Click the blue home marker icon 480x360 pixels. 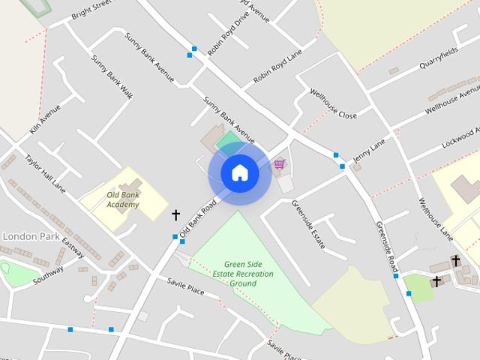click(240, 173)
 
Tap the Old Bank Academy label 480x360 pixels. click(123, 199)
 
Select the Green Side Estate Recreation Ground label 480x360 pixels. click(249, 274)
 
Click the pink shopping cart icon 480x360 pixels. click(280, 163)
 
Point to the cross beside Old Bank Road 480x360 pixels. click(176, 215)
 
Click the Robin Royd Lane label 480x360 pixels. click(277, 67)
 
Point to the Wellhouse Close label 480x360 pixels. click(333, 104)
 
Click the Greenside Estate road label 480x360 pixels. click(307, 224)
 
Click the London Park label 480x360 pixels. click(31, 235)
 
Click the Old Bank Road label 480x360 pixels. click(198, 218)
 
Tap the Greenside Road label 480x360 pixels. click(385, 247)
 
